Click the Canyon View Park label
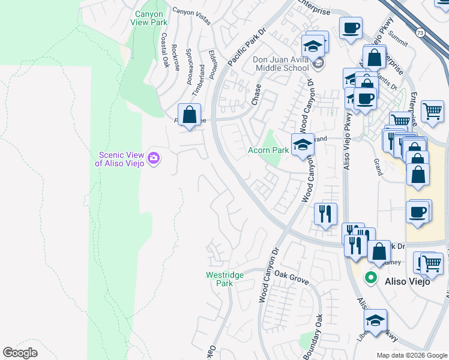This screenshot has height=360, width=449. pyautogui.click(x=149, y=17)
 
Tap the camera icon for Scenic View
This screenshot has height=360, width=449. pyautogui.click(x=154, y=158)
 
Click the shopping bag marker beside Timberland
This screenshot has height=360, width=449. pyautogui.click(x=189, y=115)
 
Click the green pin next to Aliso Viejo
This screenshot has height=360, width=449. pyautogui.click(x=371, y=278)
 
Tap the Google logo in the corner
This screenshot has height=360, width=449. pyautogui.click(x=20, y=353)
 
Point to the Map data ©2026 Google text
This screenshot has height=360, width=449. pyautogui.click(x=411, y=355)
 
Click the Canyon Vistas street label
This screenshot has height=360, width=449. pyautogui.click(x=191, y=16)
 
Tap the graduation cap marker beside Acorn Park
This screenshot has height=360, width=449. pyautogui.click(x=303, y=145)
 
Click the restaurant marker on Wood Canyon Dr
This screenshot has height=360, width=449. pyautogui.click(x=325, y=214)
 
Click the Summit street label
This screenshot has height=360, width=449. pyautogui.click(x=397, y=41)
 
